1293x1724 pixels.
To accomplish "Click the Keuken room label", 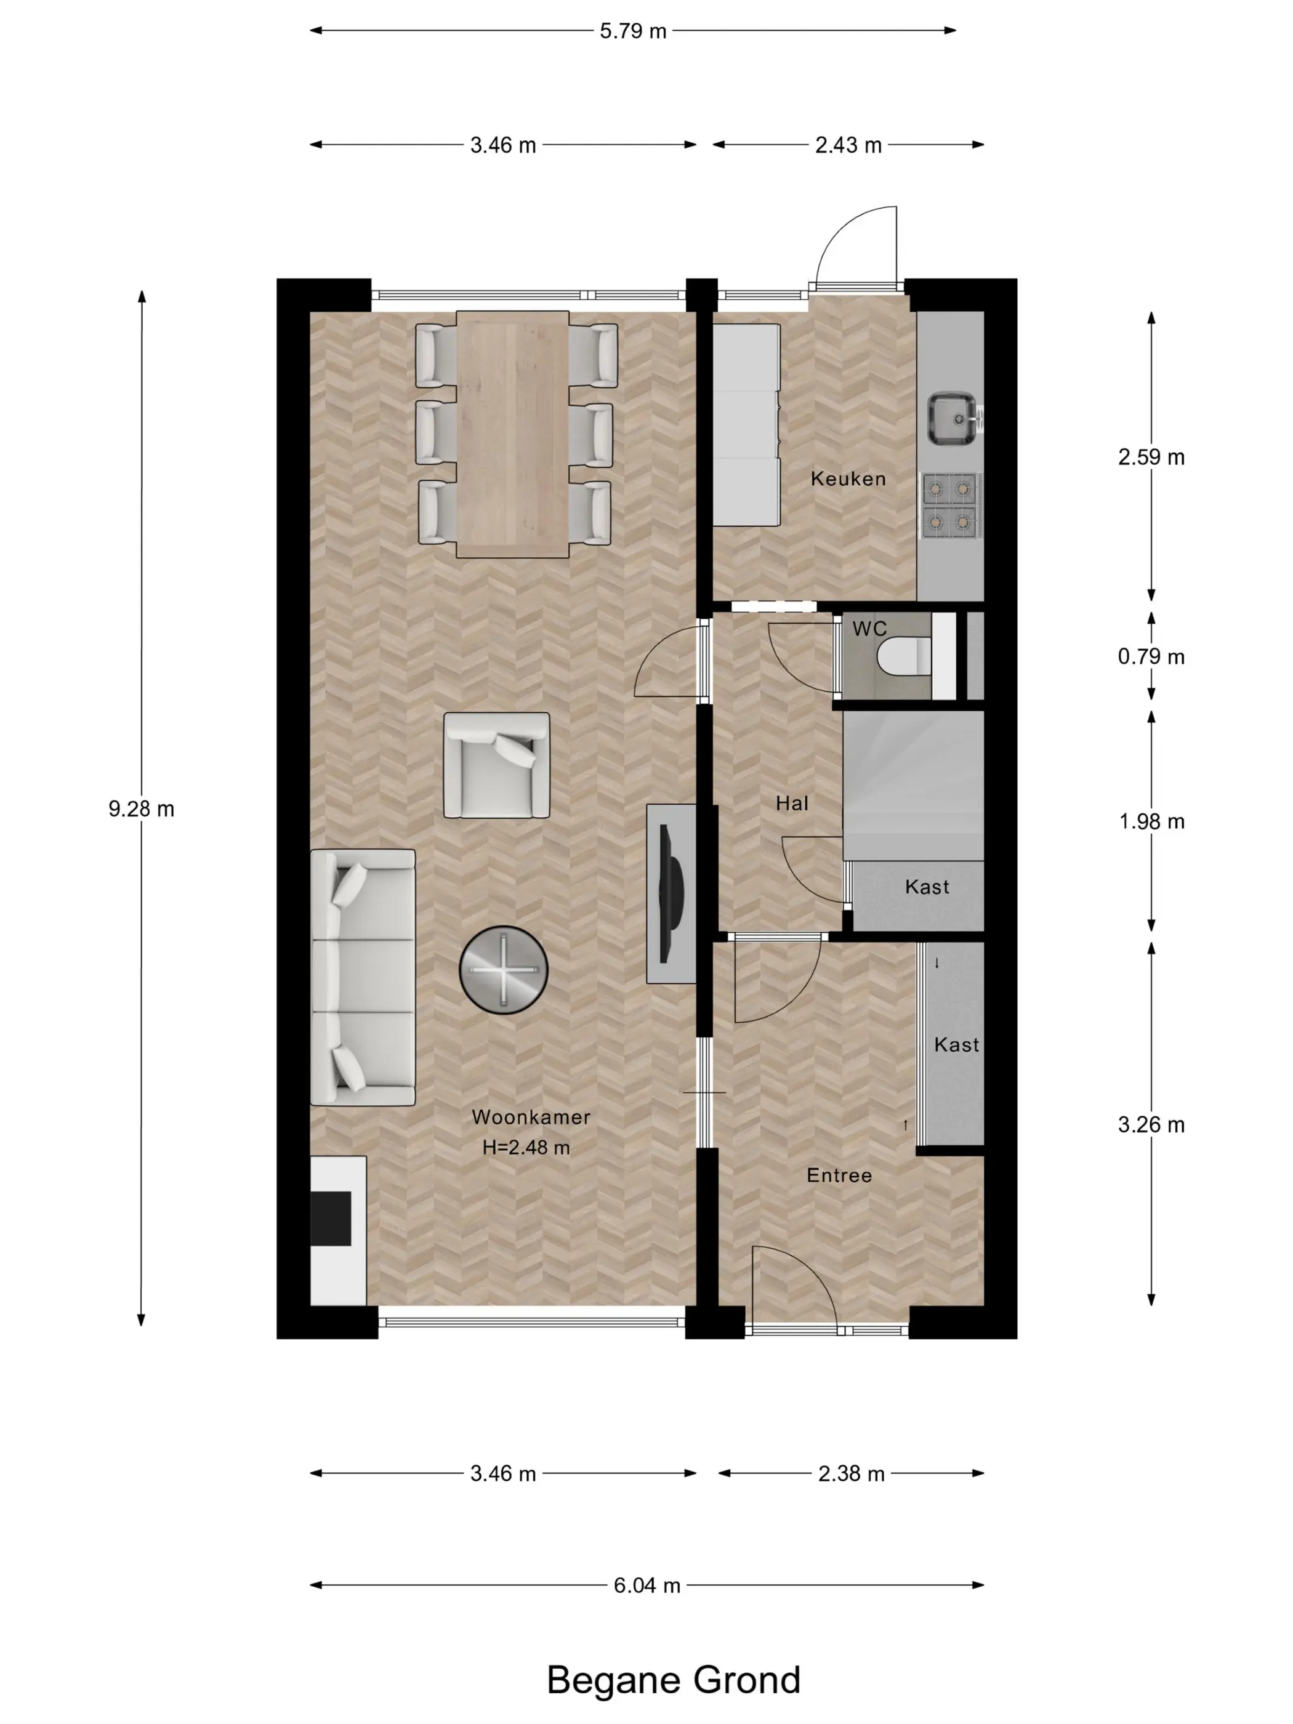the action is pyautogui.click(x=848, y=478).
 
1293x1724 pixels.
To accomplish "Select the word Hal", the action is pyautogui.click(x=792, y=803).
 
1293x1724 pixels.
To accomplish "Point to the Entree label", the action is pyautogui.click(x=839, y=1175).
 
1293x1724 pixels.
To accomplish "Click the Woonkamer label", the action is pyautogui.click(x=531, y=1117).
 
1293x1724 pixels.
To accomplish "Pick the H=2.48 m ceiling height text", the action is pyautogui.click(x=526, y=1147).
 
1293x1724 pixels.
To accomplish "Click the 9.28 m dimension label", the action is pyautogui.click(x=141, y=809).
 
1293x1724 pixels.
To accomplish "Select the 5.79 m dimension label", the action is pyautogui.click(x=633, y=31).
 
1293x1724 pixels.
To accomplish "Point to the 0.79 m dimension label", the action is pyautogui.click(x=1151, y=656).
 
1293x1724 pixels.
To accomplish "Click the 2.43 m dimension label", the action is pyautogui.click(x=848, y=145).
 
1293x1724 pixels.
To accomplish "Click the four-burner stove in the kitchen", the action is pyautogui.click(x=950, y=505).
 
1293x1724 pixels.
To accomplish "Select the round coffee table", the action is pyautogui.click(x=504, y=970).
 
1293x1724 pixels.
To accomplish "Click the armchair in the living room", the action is pyautogui.click(x=496, y=765).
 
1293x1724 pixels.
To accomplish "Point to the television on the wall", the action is pyautogui.click(x=669, y=893).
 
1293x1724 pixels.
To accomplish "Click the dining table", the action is pyautogui.click(x=512, y=434).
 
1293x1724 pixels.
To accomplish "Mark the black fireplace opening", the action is pyautogui.click(x=331, y=1218).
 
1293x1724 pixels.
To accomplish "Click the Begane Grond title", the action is pyautogui.click(x=674, y=1680).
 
